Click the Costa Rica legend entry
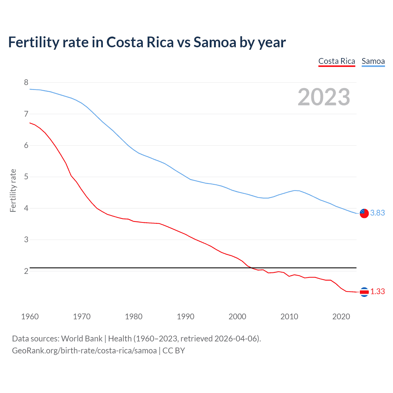click(x=337, y=61)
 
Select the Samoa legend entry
click(x=373, y=61)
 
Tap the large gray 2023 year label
click(x=324, y=97)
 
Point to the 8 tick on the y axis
click(x=26, y=82)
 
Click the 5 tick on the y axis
click(x=26, y=177)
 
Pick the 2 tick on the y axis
click(x=26, y=271)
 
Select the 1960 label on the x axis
click(x=30, y=317)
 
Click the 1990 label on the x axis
click(x=185, y=317)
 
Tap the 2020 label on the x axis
click(x=341, y=317)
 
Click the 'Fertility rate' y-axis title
click(x=13, y=190)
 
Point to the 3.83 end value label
click(x=377, y=213)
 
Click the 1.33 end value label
click(x=377, y=292)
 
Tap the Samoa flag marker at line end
click(x=364, y=213)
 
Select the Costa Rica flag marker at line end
click(x=364, y=292)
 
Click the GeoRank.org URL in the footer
click(x=84, y=351)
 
